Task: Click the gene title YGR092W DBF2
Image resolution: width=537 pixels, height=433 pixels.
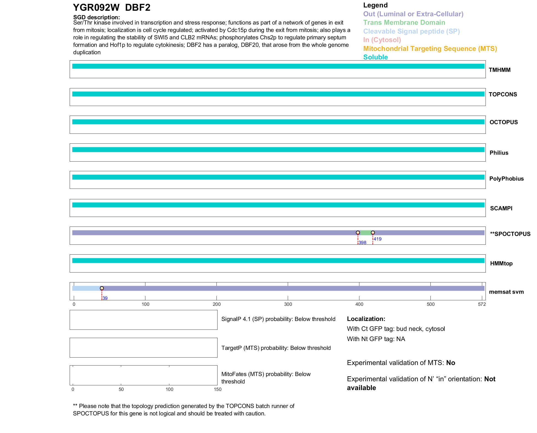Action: (112, 8)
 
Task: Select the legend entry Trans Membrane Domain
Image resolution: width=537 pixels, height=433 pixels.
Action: (404, 23)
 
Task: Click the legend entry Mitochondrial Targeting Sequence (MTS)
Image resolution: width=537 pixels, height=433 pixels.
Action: (430, 49)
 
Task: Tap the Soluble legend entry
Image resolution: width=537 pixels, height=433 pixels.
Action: (375, 57)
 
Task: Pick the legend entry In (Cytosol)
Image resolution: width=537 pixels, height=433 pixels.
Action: (382, 40)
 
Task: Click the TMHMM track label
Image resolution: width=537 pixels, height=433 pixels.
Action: (499, 70)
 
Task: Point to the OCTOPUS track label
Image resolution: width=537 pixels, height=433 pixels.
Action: (503, 122)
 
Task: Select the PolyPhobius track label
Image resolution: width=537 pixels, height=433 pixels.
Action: (506, 179)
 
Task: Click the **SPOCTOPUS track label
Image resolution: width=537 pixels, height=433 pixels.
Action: (510, 234)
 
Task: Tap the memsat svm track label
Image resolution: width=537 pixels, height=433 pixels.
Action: (506, 292)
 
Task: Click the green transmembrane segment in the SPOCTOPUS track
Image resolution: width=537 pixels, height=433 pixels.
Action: (365, 233)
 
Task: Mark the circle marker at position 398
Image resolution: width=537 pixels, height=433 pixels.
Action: (358, 233)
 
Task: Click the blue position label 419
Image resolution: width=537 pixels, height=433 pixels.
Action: (378, 239)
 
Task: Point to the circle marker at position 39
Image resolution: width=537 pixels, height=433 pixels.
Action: (102, 288)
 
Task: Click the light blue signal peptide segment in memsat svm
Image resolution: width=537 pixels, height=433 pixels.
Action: (86, 288)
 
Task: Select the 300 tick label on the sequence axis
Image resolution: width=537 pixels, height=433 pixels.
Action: (288, 304)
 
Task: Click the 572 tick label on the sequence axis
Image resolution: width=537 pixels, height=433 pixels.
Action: (482, 304)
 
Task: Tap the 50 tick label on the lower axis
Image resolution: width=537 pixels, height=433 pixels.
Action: (121, 389)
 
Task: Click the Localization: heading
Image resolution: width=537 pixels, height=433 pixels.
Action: (366, 319)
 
